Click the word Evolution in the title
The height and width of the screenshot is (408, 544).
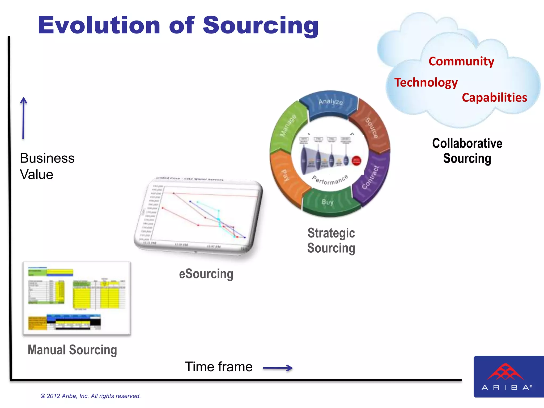[99, 25]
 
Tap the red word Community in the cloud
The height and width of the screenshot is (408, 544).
[461, 61]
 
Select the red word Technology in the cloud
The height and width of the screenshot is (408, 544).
[426, 83]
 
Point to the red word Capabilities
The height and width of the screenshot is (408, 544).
[494, 98]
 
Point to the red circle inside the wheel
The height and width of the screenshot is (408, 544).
[356, 160]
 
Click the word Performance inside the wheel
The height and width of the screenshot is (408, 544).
[330, 180]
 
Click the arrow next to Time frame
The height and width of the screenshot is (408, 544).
[278, 368]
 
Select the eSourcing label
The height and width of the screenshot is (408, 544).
[206, 274]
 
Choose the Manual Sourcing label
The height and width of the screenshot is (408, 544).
[72, 350]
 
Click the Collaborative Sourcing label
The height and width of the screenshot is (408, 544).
[467, 151]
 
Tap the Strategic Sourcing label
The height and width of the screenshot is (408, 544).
[331, 241]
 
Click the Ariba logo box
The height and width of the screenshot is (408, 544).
[508, 376]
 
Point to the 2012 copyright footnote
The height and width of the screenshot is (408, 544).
[90, 396]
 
